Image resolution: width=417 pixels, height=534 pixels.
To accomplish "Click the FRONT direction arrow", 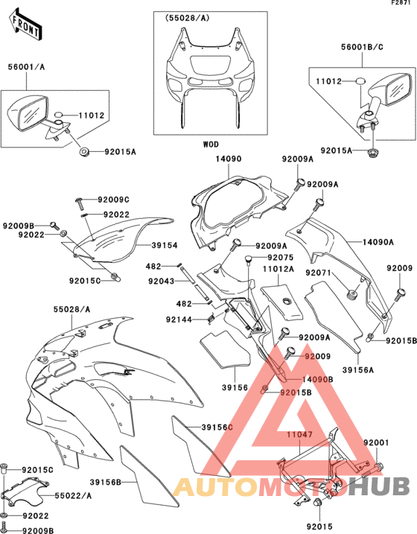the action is tap(25, 25).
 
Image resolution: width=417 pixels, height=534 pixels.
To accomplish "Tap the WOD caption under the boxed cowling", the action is tap(211, 144).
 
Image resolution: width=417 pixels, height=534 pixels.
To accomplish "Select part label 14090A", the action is tap(378, 242).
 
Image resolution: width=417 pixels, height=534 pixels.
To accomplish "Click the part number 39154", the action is tap(165, 245).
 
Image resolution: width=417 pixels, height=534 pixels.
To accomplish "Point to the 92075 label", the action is tap(281, 258).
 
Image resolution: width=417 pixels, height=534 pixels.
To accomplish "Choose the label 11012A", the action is tap(278, 269).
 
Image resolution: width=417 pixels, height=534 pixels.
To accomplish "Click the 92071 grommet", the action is tap(352, 294).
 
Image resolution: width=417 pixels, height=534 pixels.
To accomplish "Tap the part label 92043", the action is tap(162, 281).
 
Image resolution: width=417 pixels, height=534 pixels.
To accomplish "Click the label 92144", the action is tap(179, 320).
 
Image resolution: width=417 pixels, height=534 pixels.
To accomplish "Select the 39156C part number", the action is tap(217, 427).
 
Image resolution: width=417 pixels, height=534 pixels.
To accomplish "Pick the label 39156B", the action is tap(106, 482).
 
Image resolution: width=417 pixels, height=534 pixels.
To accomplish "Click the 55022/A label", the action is tap(73, 495).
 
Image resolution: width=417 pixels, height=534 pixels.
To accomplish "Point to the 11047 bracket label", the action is tap(299, 434).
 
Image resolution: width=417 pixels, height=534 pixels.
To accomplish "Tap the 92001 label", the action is tap(376, 442).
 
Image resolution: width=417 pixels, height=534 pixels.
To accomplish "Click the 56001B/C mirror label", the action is tap(362, 47).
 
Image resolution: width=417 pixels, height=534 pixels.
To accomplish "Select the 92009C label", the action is tap(113, 200).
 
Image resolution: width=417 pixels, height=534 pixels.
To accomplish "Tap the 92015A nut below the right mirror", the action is tap(373, 153).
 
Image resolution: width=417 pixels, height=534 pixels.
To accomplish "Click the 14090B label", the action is tap(318, 379).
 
